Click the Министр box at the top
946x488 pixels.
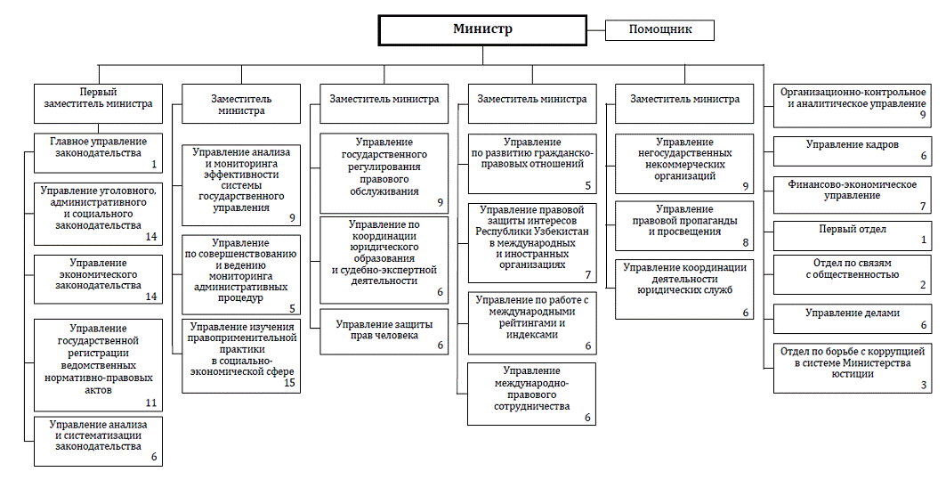[482, 30]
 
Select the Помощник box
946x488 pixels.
[659, 30]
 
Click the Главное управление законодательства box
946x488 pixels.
[99, 152]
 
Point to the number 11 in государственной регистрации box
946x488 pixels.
[150, 403]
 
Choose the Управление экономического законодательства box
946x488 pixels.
[99, 279]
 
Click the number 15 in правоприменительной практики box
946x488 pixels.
[289, 383]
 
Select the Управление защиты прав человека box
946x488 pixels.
[384, 331]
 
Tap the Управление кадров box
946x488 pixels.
[852, 151]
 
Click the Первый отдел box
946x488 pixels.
[852, 236]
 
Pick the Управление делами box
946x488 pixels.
[852, 319]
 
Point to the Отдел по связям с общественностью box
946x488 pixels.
[852, 275]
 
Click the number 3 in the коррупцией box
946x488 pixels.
[923, 386]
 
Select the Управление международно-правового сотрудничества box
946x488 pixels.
[532, 394]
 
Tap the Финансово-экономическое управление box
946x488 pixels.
[852, 194]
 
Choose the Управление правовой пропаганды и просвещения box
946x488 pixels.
[684, 225]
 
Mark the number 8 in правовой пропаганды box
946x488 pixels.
[746, 243]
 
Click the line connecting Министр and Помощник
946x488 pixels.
[595, 29]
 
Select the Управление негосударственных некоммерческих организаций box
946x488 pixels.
[684, 164]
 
